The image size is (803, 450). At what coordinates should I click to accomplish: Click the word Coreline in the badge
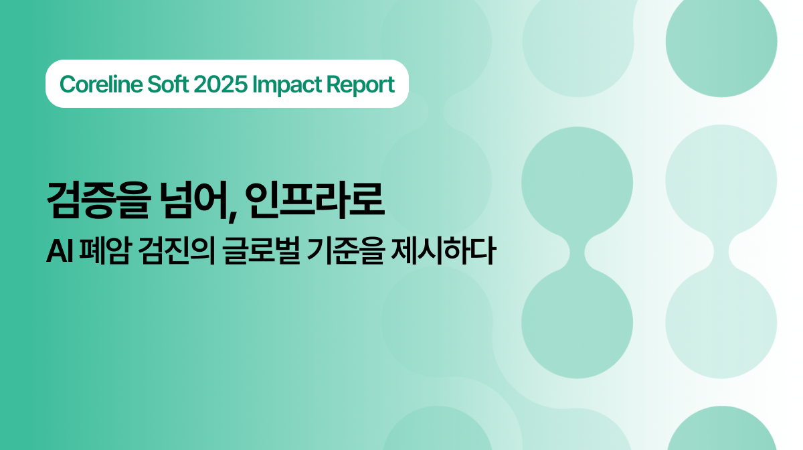98,85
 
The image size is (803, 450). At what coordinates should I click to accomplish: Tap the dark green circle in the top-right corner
721,42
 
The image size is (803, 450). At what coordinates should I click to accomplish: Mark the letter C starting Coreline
66,85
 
